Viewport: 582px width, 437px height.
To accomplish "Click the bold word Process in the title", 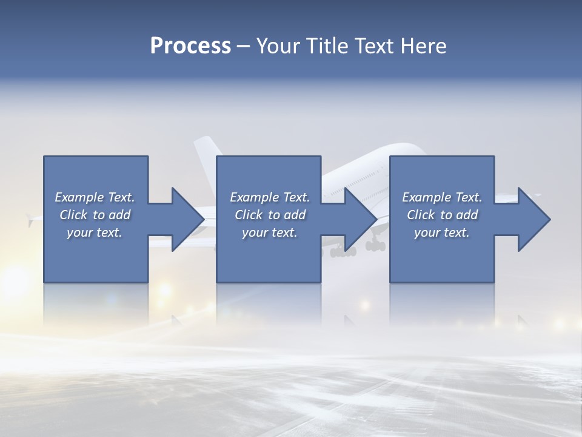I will (190, 46).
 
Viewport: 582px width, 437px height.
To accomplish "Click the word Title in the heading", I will (327, 46).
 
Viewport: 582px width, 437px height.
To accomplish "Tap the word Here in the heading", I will (423, 46).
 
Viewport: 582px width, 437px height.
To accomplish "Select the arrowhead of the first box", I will (188, 219).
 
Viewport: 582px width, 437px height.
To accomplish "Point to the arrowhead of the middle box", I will (361, 219).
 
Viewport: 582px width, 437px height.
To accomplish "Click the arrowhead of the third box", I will (534, 219).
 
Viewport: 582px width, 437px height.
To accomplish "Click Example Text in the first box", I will (95, 197).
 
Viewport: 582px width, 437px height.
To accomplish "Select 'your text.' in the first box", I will (95, 232).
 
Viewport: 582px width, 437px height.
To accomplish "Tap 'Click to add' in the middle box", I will (270, 215).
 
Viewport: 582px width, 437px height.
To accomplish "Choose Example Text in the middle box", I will (270, 197).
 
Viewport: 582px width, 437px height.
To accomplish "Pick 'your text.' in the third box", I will (442, 232).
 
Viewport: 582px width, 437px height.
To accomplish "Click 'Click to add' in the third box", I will (442, 215).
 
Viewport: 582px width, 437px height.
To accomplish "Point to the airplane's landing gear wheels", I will (344, 252).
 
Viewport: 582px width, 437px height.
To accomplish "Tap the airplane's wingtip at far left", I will (30, 218).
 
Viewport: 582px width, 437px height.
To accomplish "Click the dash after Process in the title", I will (243, 46).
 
